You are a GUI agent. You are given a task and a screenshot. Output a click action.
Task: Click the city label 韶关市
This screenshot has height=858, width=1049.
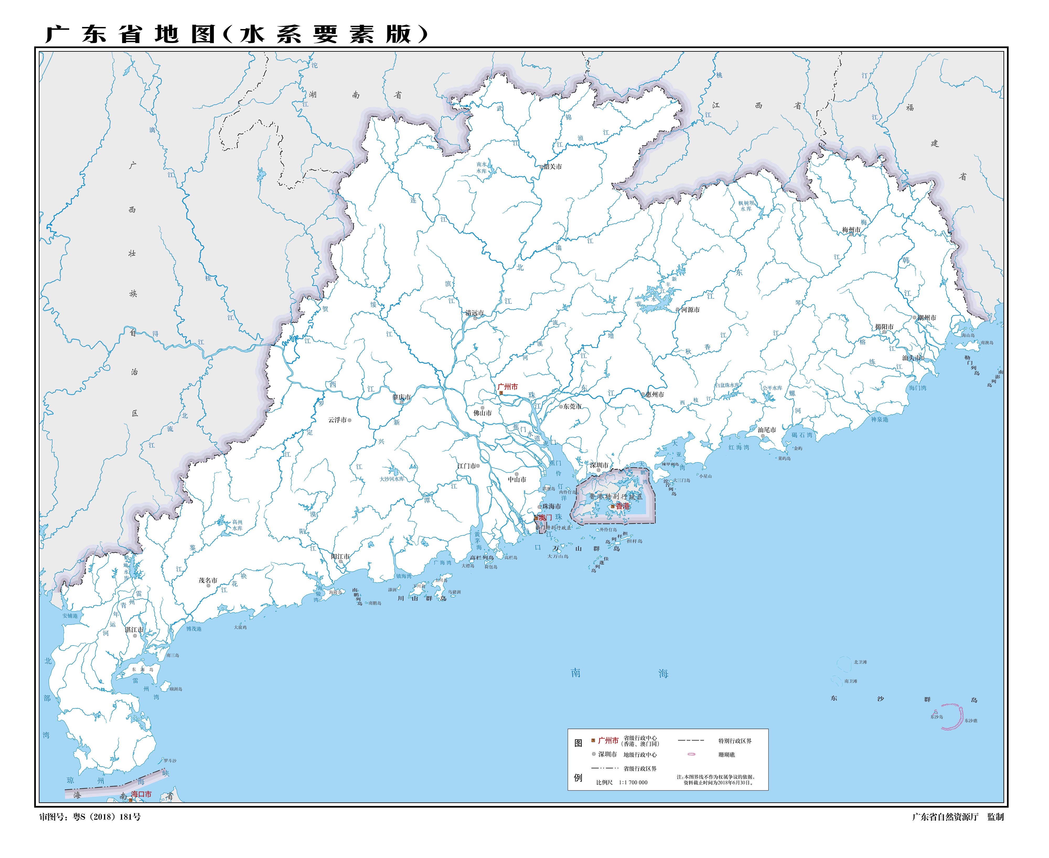pyautogui.click(x=552, y=167)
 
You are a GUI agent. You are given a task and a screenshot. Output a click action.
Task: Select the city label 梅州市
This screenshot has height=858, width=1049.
pyautogui.click(x=851, y=230)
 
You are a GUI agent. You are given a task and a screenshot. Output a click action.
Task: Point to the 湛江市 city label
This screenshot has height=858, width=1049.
pyautogui.click(x=134, y=630)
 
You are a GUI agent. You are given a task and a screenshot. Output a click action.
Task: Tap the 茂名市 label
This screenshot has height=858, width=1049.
pyautogui.click(x=208, y=580)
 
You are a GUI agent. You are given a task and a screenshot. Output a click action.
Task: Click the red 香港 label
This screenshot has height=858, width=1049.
pyautogui.click(x=623, y=506)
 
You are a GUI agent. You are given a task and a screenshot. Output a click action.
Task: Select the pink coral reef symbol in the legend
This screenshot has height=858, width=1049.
pyautogui.click(x=691, y=754)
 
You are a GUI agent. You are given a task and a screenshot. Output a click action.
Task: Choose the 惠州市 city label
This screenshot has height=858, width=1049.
pyautogui.click(x=655, y=395)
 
